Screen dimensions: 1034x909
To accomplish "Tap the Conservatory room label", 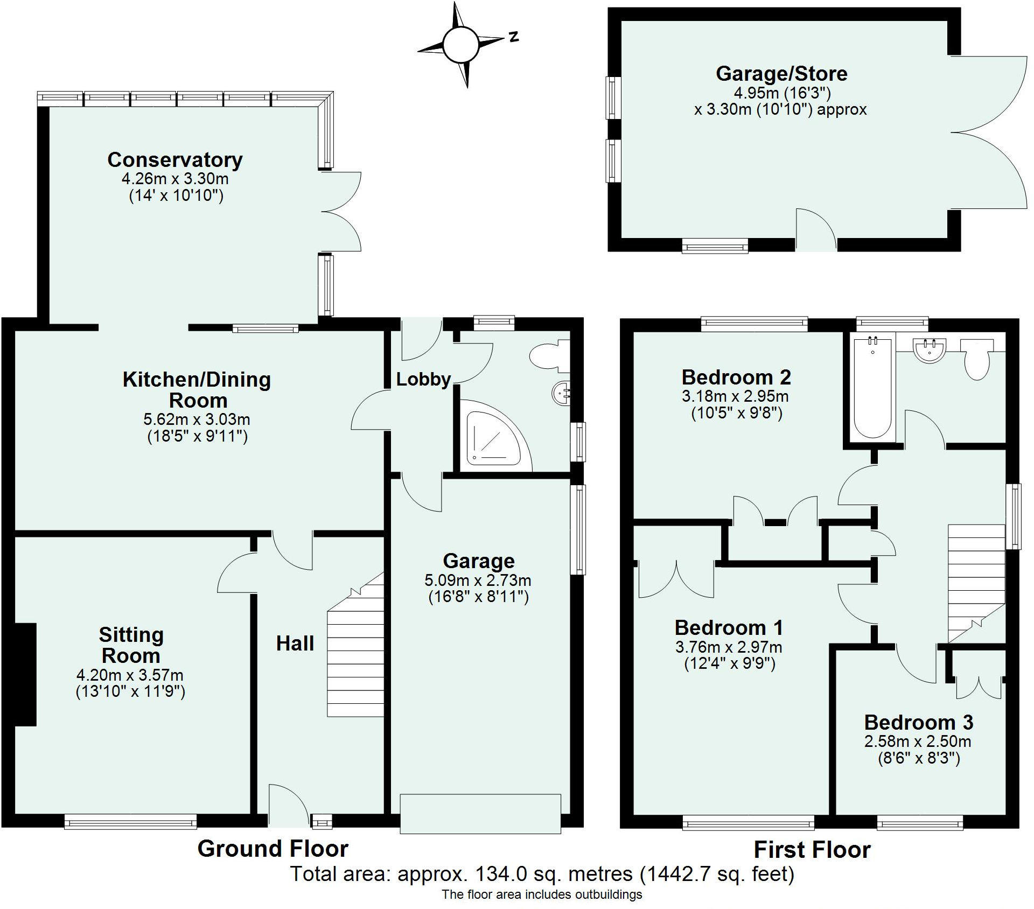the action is click(175, 160).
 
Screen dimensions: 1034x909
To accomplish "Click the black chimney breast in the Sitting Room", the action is click(25, 674).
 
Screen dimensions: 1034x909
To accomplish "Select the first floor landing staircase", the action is click(976, 584).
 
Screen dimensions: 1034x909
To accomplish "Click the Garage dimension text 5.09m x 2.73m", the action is click(478, 580).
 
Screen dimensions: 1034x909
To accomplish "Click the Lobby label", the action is click(423, 379).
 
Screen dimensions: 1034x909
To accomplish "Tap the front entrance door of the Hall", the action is click(289, 806).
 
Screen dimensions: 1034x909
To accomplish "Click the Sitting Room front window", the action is click(130, 822).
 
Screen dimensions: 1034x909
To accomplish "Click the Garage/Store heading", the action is click(781, 74).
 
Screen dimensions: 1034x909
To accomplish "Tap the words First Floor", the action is click(812, 850).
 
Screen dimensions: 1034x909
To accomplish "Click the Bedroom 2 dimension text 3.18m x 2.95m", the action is click(735, 396).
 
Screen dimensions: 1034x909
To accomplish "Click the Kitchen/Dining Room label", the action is click(197, 390).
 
